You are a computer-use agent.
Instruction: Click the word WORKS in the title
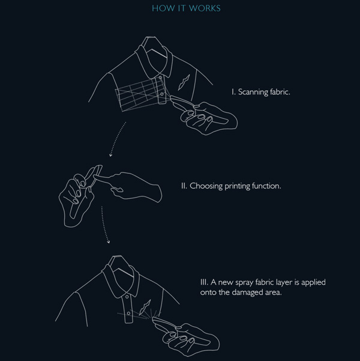205,8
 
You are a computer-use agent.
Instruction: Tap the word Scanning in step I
253,92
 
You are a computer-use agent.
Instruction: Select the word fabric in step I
280,92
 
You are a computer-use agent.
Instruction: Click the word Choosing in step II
206,186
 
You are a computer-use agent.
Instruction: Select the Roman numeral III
204,282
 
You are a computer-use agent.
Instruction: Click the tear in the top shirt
184,82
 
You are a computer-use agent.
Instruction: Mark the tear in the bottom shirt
145,308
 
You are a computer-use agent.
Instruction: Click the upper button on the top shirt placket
160,78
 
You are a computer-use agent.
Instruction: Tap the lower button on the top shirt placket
162,94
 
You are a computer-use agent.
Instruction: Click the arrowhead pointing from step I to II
110,155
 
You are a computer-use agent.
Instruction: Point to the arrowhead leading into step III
109,241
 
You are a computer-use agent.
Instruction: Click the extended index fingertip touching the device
95,176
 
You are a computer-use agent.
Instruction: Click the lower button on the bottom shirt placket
128,314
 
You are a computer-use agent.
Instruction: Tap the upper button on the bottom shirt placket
127,297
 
